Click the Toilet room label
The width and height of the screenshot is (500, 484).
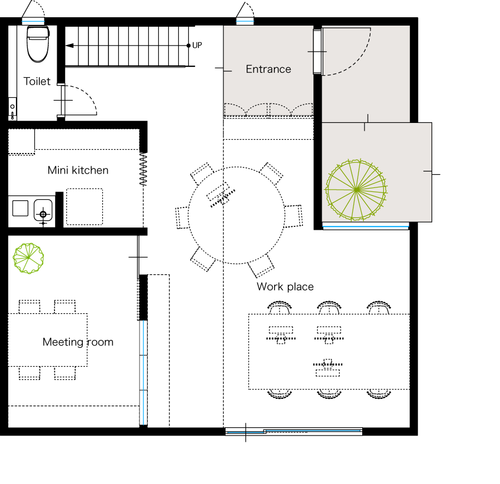[x=37, y=81]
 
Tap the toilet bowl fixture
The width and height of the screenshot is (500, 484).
[x=38, y=44]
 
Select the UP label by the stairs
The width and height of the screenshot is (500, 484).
[x=197, y=45]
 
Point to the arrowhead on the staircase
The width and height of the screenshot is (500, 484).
[x=69, y=46]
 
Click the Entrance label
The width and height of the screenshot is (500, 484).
[x=268, y=70]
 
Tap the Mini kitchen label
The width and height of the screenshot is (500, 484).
[x=78, y=170]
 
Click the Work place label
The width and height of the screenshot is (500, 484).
[x=285, y=287]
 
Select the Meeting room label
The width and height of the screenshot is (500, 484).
[x=78, y=342]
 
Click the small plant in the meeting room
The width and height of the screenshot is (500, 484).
[x=28, y=258]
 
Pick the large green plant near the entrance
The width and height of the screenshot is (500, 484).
[x=356, y=190]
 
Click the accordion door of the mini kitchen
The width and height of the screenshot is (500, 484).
[x=143, y=169]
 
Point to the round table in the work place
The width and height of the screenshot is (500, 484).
[x=236, y=167]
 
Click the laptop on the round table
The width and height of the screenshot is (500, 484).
[x=221, y=194]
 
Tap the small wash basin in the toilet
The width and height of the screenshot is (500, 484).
[x=12, y=108]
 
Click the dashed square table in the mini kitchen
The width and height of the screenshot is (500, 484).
[x=84, y=206]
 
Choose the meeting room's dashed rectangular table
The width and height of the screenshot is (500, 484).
[x=48, y=340]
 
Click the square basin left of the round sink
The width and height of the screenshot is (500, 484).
[x=20, y=208]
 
